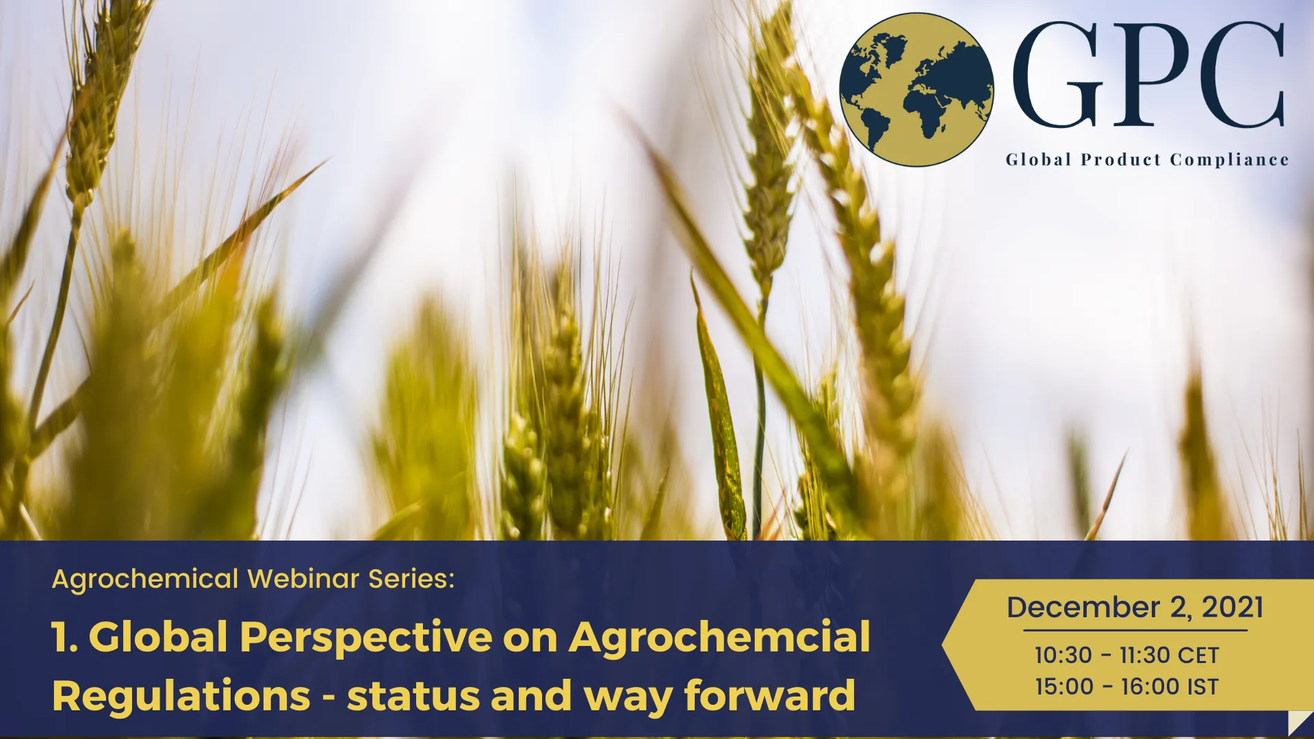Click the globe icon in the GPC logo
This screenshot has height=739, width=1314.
(x=916, y=90)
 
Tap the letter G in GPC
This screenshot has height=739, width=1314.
(x=1058, y=75)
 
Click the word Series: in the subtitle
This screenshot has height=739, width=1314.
(x=411, y=579)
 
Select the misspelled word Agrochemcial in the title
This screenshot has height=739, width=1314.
(x=719, y=638)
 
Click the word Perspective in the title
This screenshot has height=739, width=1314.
(x=365, y=638)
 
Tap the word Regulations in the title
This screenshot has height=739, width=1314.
(x=181, y=697)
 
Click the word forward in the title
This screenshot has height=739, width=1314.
(x=770, y=697)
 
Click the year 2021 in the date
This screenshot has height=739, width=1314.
(x=1232, y=608)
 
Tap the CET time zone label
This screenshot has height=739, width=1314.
(x=1198, y=656)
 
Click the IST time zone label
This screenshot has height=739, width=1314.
(x=1202, y=687)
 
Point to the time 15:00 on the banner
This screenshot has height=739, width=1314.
(x=1064, y=687)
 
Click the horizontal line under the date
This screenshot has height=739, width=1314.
(x=1135, y=630)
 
